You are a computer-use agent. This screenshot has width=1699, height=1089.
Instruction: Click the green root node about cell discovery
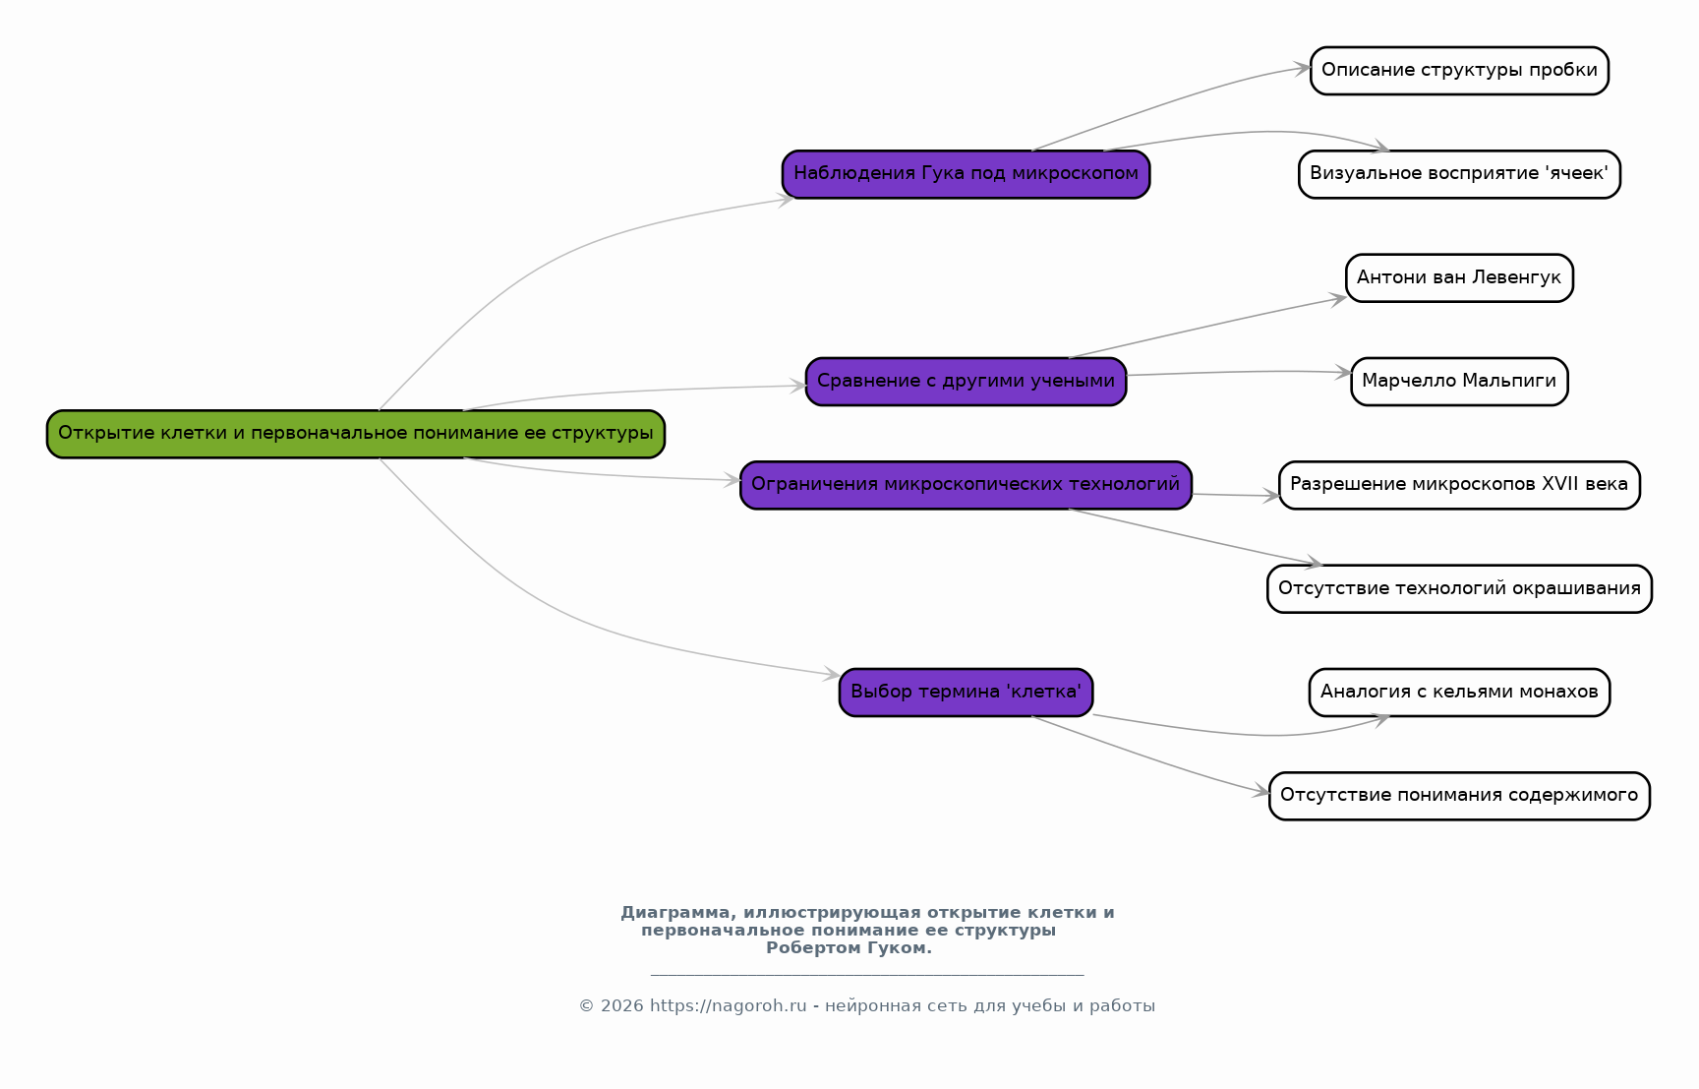pyautogui.click(x=356, y=434)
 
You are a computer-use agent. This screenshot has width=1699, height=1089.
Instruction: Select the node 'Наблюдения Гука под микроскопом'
pyautogui.click(x=966, y=174)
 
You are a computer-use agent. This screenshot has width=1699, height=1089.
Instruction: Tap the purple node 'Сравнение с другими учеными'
pyautogui.click(x=966, y=382)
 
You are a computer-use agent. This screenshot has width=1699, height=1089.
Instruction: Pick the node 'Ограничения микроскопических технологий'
pyautogui.click(x=966, y=485)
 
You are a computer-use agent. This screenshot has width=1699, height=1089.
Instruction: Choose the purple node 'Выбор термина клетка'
pyautogui.click(x=966, y=693)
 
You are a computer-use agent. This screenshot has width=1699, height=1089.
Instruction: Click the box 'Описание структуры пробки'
pyautogui.click(x=1459, y=71)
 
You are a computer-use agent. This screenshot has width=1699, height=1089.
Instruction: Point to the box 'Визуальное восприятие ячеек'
pyautogui.click(x=1459, y=174)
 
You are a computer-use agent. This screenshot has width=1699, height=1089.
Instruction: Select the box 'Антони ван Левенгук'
pyautogui.click(x=1459, y=278)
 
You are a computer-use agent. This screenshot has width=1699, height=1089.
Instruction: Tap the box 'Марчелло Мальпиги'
pyautogui.click(x=1459, y=382)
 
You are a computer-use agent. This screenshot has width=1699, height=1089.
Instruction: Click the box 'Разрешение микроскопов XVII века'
pyautogui.click(x=1459, y=485)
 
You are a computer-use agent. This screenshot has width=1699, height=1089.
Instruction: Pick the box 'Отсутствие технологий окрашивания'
pyautogui.click(x=1459, y=589)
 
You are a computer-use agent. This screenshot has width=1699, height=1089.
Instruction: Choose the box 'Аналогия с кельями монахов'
pyautogui.click(x=1459, y=693)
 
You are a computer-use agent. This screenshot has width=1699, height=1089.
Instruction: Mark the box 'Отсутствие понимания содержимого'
pyautogui.click(x=1459, y=796)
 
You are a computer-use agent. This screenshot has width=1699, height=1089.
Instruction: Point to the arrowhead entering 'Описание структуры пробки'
pyautogui.click(x=1303, y=68)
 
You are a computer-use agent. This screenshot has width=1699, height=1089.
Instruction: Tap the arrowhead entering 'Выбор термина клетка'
pyautogui.click(x=833, y=675)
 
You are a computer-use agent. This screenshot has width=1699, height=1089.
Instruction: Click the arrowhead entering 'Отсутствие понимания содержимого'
pyautogui.click(x=1262, y=792)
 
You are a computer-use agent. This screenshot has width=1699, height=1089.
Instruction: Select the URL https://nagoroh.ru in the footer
pyautogui.click(x=728, y=1006)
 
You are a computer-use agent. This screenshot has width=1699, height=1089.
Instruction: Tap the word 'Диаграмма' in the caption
pyautogui.click(x=674, y=913)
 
